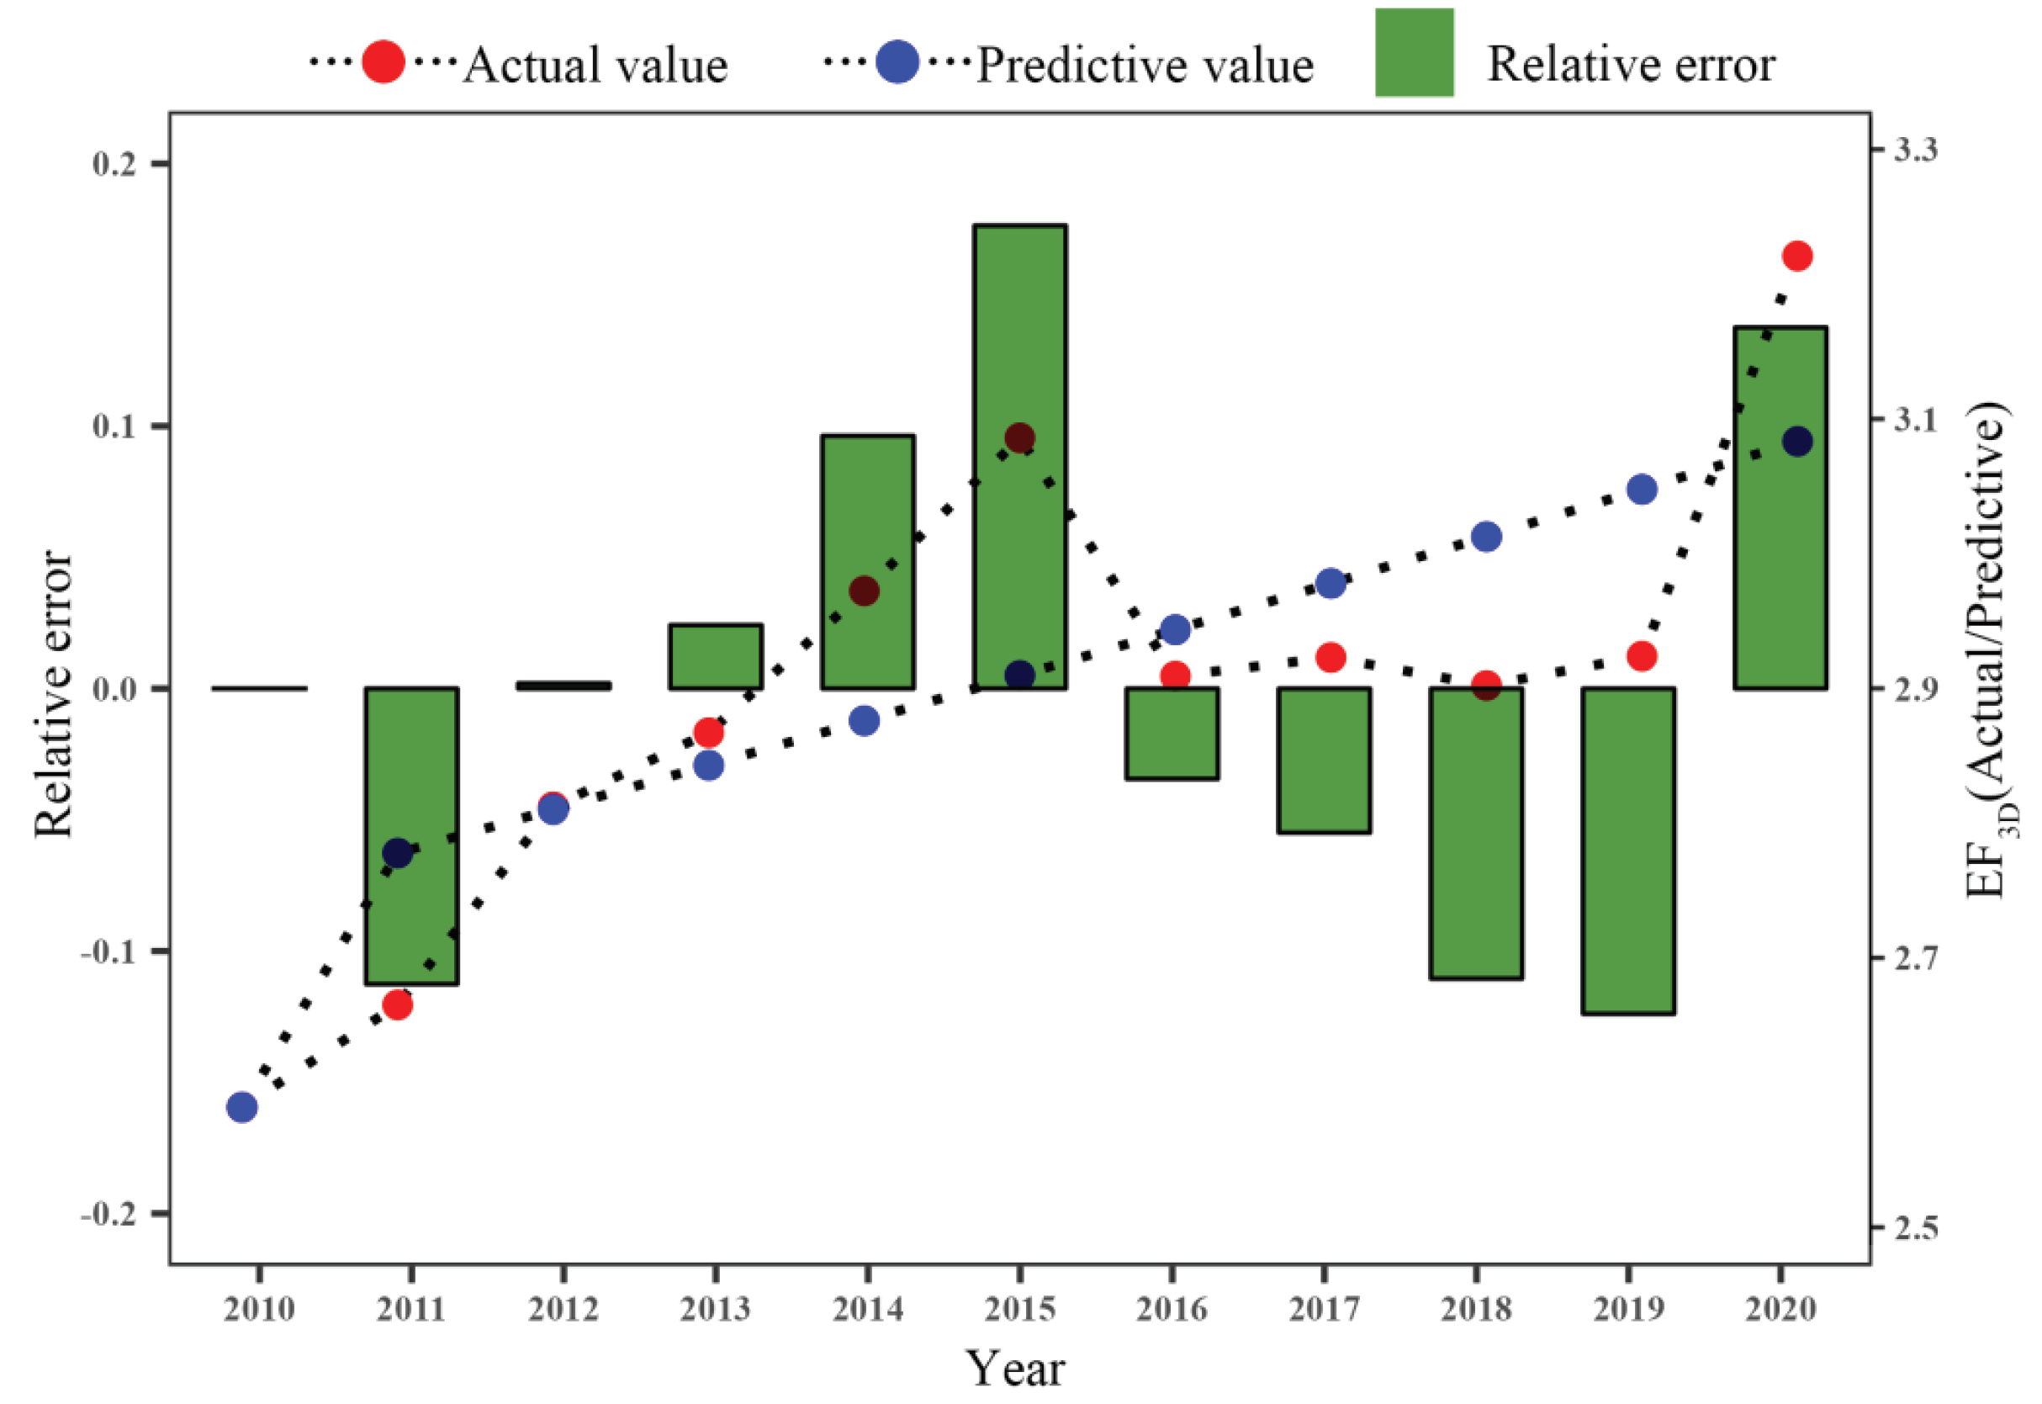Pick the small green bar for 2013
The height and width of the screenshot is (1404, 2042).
pyautogui.click(x=715, y=656)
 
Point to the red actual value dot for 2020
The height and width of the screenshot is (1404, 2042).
pyautogui.click(x=1796, y=256)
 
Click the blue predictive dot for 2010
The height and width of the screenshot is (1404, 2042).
pyautogui.click(x=242, y=1107)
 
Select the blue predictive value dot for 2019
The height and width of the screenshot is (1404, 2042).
pyautogui.click(x=1641, y=489)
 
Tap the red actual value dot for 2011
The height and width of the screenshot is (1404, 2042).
pyautogui.click(x=398, y=1004)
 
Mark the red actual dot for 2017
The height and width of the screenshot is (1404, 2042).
pyautogui.click(x=1330, y=657)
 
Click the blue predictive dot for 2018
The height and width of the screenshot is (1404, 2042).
pyautogui.click(x=1485, y=537)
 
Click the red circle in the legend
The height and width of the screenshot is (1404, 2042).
pyautogui.click(x=384, y=62)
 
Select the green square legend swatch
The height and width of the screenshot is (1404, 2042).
pyautogui.click(x=1413, y=53)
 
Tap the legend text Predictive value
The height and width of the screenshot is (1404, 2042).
pyautogui.click(x=1145, y=65)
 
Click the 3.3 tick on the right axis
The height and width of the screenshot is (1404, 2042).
pyautogui.click(x=1914, y=150)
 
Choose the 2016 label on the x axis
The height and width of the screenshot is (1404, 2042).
pyautogui.click(x=1172, y=1310)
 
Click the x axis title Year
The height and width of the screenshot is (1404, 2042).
pyautogui.click(x=1016, y=1369)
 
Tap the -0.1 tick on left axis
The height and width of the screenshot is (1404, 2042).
pyautogui.click(x=110, y=951)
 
